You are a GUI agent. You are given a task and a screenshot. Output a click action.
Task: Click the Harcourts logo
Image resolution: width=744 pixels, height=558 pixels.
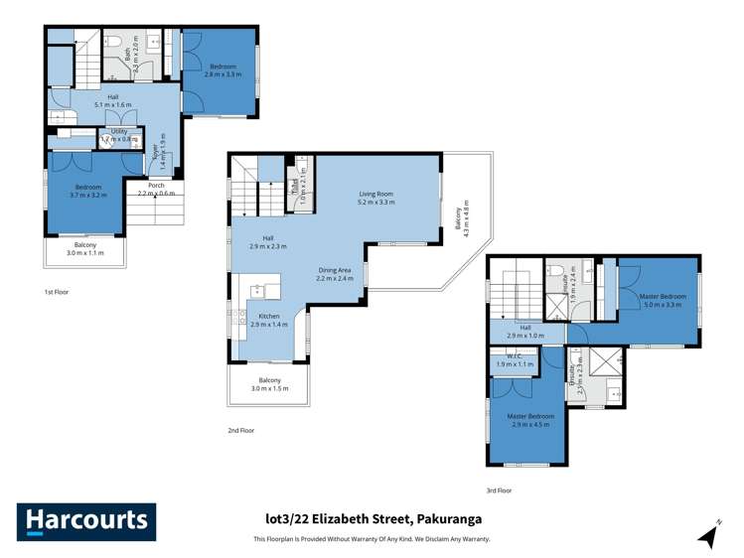tap(86, 521)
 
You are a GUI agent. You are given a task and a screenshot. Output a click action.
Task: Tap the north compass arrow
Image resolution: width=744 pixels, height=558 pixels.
tap(708, 535)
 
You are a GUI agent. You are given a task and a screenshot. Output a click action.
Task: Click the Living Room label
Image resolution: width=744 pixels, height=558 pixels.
tap(376, 198)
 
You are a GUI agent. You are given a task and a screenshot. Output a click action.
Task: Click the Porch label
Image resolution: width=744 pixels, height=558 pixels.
tap(156, 189)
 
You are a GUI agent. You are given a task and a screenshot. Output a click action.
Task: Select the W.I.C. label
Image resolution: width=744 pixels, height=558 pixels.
tap(515, 360)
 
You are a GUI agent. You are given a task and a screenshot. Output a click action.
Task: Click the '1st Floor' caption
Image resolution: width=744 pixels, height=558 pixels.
tap(57, 292)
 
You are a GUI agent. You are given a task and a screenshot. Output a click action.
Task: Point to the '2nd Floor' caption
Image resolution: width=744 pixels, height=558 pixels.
tap(241, 430)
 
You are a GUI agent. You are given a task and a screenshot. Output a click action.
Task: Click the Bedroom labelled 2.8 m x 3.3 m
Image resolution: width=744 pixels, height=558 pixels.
tap(222, 70)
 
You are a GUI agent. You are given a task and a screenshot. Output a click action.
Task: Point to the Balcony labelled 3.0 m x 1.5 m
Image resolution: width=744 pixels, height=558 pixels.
tap(269, 384)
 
